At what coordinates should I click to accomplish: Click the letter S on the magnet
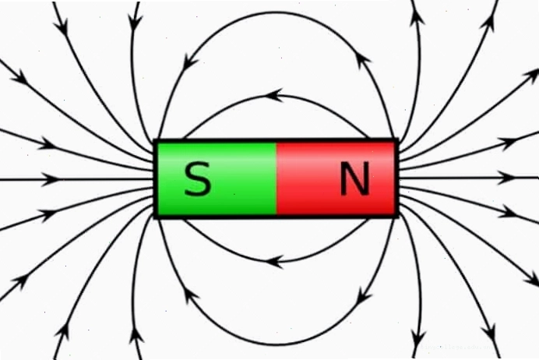tap(198, 178)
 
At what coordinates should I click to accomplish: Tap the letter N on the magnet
tap(355, 178)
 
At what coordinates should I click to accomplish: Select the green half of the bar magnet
tap(217, 178)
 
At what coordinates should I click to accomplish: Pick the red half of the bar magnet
tap(335, 178)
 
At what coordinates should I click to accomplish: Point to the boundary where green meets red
tap(277, 178)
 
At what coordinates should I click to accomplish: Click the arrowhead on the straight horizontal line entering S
tap(51, 179)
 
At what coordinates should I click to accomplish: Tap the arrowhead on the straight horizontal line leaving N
tap(508, 178)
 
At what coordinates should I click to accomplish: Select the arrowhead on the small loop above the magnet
tap(274, 96)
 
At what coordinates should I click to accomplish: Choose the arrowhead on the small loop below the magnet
tap(274, 262)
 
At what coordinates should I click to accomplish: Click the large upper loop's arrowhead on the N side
tap(363, 61)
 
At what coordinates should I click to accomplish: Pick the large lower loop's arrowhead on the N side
tap(364, 295)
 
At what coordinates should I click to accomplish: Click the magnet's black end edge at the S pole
tap(155, 178)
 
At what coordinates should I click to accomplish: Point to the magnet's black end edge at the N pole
tap(396, 178)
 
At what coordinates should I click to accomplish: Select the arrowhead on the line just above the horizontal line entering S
tap(47, 143)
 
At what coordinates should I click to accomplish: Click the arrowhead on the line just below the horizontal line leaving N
tap(508, 212)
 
